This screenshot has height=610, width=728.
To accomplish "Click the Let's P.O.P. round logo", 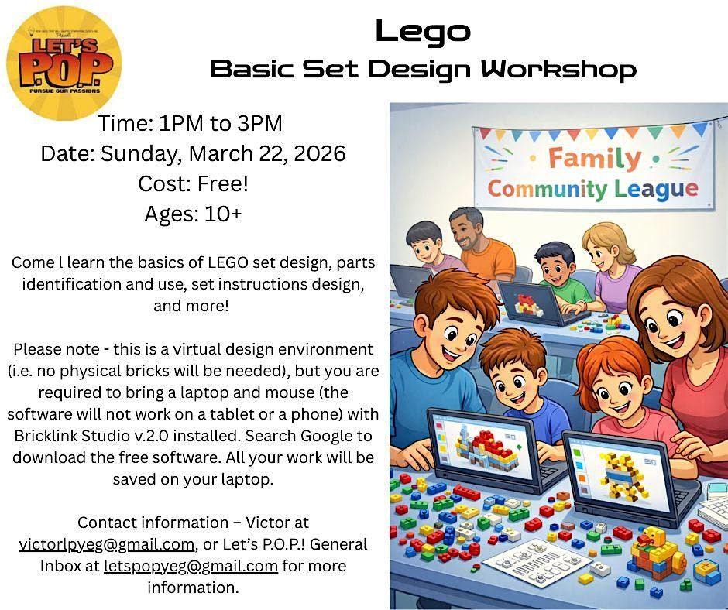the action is [64, 63].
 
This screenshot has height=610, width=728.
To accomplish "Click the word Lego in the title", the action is [423, 32].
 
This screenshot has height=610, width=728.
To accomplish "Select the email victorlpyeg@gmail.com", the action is [106, 544].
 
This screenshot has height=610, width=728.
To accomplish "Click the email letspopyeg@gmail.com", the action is [191, 566].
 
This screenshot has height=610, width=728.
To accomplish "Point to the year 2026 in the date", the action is [320, 153].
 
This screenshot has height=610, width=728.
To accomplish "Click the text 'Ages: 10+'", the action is [193, 214].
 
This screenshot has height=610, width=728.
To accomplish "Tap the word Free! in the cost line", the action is [223, 183].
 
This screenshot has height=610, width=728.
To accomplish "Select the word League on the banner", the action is [656, 188].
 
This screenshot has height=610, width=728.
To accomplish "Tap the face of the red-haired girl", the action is [615, 391].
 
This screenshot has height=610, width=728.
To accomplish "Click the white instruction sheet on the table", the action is [537, 563].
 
